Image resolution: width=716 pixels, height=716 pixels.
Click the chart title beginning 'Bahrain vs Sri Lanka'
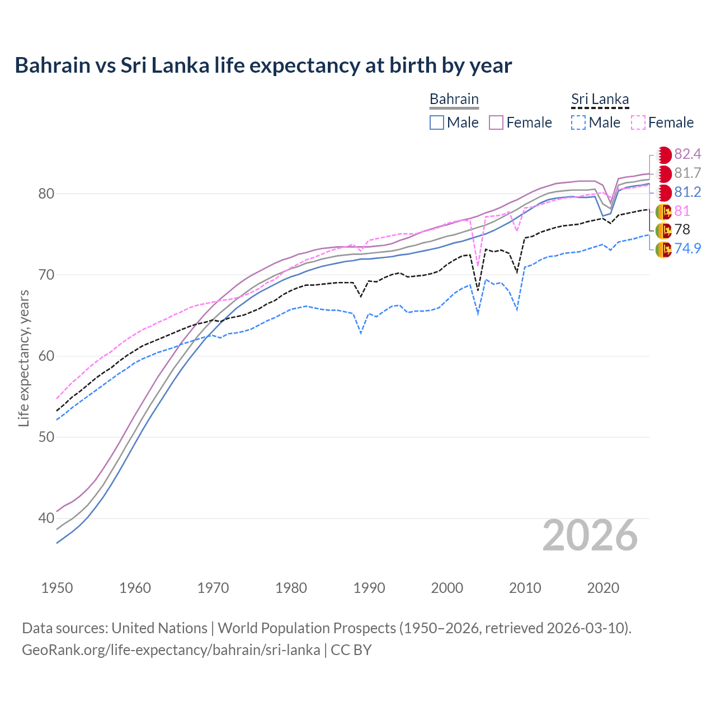(x=263, y=65)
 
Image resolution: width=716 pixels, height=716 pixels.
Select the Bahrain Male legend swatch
(x=437, y=123)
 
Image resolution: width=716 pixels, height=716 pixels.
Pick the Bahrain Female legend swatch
(x=496, y=123)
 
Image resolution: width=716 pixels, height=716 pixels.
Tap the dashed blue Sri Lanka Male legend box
(x=578, y=123)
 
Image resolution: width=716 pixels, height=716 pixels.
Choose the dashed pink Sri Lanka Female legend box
(x=638, y=123)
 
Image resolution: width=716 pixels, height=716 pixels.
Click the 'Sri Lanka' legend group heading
(x=600, y=100)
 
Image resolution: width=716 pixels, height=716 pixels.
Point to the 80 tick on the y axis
(x=46, y=194)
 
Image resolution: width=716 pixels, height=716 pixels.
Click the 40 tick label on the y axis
(x=46, y=519)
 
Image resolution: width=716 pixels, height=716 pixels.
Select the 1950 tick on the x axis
(x=57, y=588)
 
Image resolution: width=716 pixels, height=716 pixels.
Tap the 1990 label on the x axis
(x=369, y=588)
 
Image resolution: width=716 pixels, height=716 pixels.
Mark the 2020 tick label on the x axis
(x=603, y=588)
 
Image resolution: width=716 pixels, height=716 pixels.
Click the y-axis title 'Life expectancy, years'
(x=24, y=358)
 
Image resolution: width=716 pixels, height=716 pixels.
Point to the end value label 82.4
(x=687, y=154)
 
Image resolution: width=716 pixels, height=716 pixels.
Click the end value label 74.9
(x=687, y=248)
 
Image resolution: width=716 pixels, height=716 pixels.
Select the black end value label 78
(x=682, y=229)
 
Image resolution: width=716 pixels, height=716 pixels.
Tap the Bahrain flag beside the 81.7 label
(x=663, y=174)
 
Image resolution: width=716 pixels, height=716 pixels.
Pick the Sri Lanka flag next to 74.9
(x=663, y=249)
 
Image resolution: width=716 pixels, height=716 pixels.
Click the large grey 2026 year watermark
(x=590, y=535)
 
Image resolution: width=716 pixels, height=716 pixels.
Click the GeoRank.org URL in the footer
(x=171, y=650)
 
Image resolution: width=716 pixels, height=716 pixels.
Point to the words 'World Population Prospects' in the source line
(x=307, y=628)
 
